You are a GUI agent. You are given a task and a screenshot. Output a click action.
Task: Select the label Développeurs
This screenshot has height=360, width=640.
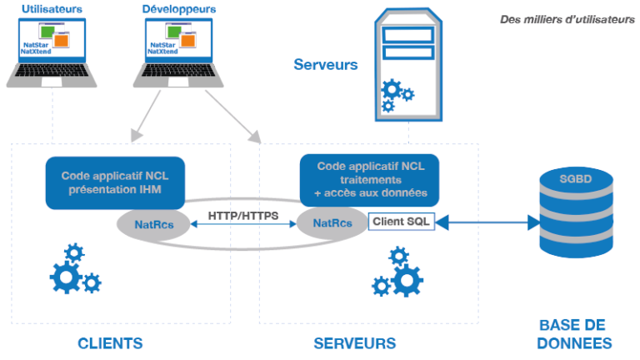pyautogui.click(x=177, y=9)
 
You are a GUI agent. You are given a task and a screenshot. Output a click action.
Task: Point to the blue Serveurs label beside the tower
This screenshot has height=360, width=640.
pyautogui.click(x=326, y=64)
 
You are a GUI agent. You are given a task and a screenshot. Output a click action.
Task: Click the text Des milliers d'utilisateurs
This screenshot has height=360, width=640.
pyautogui.click(x=567, y=19)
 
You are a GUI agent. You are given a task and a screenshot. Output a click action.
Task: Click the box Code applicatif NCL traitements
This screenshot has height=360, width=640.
pyautogui.click(x=369, y=179)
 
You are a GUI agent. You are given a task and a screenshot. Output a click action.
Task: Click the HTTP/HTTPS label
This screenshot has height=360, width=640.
pyautogui.click(x=243, y=215)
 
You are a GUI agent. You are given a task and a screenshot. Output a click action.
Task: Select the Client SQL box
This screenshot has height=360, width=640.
pyautogui.click(x=402, y=222)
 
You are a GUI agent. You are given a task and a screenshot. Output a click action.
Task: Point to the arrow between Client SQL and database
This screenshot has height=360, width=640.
pyautogui.click(x=487, y=222)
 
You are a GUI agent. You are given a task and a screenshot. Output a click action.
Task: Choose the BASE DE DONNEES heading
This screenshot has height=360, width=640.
pyautogui.click(x=574, y=334)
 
